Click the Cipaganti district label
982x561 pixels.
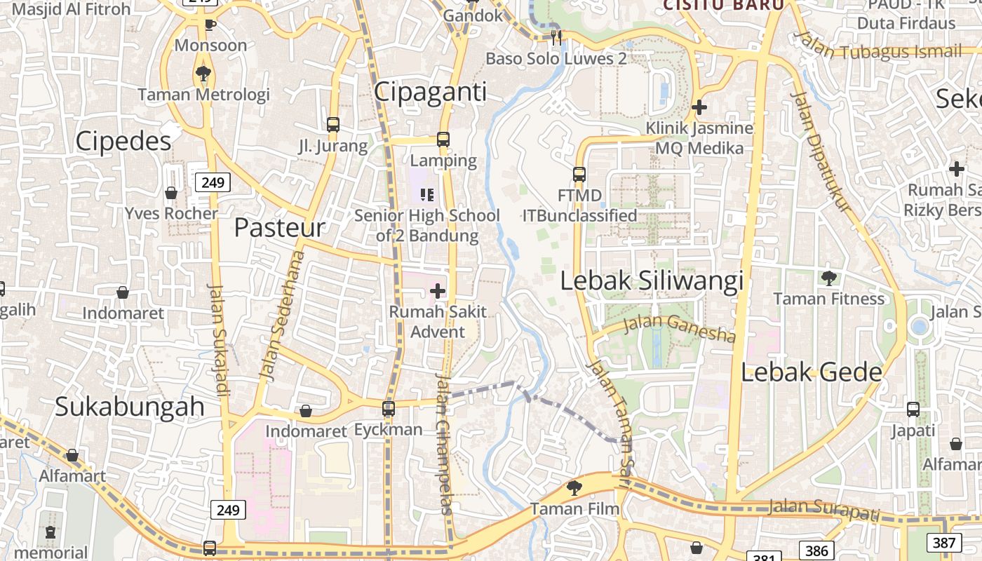point(430,92)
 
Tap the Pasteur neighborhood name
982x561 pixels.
point(279,227)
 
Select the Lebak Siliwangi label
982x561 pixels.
point(652,281)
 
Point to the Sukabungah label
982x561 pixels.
point(129,407)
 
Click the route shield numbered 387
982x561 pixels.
point(944,542)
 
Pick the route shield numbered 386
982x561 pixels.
point(816,551)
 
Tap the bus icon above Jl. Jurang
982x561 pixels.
point(333,125)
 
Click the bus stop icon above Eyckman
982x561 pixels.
point(389,408)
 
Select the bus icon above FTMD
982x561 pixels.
point(579,174)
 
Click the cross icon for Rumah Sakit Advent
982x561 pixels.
point(438,290)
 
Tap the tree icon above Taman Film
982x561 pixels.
point(574,487)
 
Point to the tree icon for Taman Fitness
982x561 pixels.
point(829,278)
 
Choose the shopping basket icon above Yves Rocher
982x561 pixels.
point(171,192)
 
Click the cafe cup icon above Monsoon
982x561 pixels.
point(210,25)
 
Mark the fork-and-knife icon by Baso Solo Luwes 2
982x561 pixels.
point(556,37)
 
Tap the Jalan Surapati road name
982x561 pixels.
point(823,508)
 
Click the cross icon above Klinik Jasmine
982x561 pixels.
point(699,107)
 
